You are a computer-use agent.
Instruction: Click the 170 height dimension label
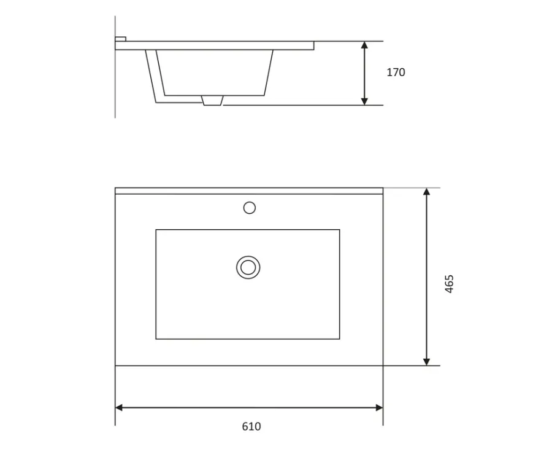[396, 73]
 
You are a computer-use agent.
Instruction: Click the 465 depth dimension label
[449, 284]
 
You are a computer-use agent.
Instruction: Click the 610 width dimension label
[251, 426]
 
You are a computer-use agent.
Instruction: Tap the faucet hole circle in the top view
[249, 208]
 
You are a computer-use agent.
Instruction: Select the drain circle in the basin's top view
[248, 267]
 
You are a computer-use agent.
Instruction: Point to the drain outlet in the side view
[212, 100]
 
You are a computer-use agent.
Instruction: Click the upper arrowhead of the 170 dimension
[364, 45]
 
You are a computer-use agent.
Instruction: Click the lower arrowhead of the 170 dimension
[364, 101]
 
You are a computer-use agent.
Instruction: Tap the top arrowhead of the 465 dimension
[426, 192]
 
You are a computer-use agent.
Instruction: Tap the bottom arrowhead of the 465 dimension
[426, 362]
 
